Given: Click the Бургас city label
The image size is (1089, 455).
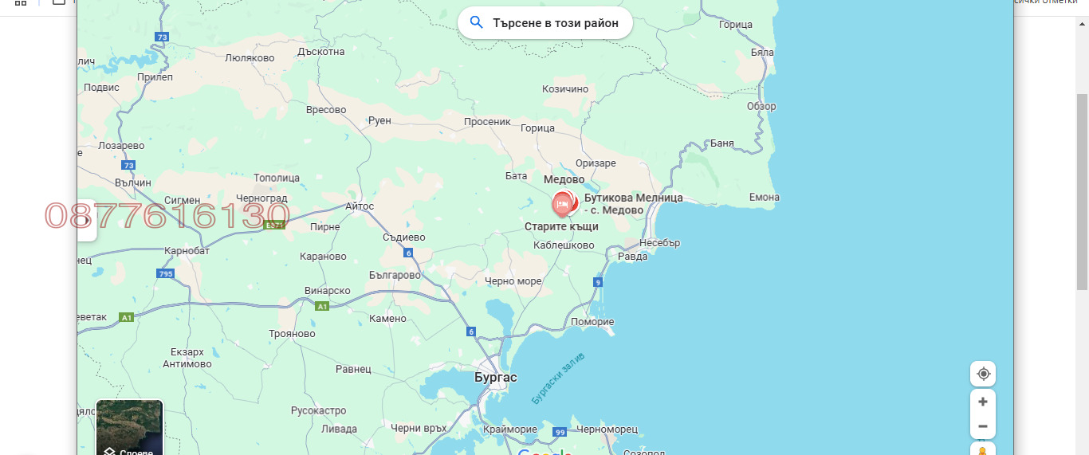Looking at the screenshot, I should [495, 377].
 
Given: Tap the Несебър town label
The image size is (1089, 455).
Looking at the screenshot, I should [659, 243].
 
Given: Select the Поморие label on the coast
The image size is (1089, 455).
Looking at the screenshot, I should [592, 322].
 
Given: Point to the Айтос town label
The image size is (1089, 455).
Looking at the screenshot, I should [360, 206].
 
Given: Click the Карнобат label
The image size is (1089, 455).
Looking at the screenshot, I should [187, 250].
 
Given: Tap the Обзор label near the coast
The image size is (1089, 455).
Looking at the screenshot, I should [761, 106].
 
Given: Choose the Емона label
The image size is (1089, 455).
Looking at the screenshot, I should [765, 197].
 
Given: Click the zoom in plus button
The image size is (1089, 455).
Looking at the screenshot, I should [983, 402].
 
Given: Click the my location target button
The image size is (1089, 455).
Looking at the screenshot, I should [983, 374].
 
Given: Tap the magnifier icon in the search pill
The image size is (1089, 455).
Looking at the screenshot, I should [477, 22].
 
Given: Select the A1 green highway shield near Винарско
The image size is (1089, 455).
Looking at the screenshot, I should [322, 306].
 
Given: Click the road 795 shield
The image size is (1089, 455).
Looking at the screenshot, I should [165, 274].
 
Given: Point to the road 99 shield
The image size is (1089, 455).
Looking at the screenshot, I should [560, 432].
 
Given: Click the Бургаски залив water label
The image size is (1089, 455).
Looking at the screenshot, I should [558, 378].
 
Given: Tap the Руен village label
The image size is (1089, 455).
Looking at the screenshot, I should [380, 120].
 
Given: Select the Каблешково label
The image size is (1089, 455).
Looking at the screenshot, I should [564, 245].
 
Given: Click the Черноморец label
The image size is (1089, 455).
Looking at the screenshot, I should [607, 430].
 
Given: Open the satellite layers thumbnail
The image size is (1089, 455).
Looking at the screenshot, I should [129, 427].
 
